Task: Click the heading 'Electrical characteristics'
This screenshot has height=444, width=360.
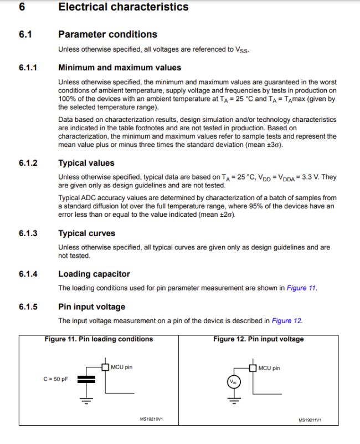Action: (x=123, y=7)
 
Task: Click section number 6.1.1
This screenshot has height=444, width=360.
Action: (x=28, y=68)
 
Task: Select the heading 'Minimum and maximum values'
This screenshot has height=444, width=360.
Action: (x=119, y=68)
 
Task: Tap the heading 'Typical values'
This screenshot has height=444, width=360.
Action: (x=86, y=163)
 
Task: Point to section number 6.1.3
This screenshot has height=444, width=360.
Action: (x=28, y=233)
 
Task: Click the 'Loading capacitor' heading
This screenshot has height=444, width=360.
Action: (x=94, y=274)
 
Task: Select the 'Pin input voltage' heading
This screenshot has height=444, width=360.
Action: (x=91, y=307)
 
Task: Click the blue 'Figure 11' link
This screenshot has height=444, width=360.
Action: (x=301, y=288)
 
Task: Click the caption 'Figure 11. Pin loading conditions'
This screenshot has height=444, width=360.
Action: (x=99, y=339)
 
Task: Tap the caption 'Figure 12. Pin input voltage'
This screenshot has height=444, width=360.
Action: (x=258, y=339)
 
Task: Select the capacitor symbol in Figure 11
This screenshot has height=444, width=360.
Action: (x=86, y=379)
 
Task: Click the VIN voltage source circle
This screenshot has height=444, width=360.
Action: (x=233, y=382)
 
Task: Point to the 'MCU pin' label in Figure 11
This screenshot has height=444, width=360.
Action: (x=121, y=367)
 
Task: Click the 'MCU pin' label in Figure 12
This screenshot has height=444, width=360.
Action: (x=269, y=368)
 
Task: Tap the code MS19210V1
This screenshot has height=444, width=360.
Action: (x=151, y=419)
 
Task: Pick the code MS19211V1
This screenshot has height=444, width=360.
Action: (x=310, y=419)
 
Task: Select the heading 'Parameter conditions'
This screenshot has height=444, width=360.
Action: (x=107, y=34)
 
